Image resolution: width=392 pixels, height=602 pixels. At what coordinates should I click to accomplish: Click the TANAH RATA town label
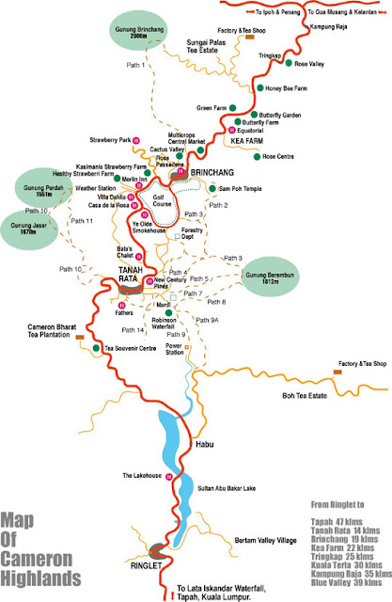(130, 274)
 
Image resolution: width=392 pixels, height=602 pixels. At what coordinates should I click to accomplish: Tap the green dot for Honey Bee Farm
(260, 88)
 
